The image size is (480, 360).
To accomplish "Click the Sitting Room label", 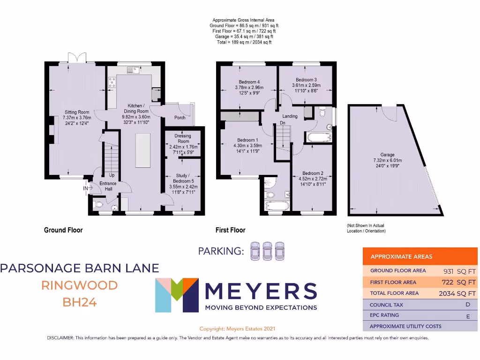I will (77, 112).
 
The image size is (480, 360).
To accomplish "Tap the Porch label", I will (180, 118).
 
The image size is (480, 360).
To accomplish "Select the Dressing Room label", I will (182, 138).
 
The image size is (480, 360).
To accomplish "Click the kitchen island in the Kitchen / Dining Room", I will (143, 150).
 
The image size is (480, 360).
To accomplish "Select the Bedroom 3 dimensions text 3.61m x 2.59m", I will (307, 86).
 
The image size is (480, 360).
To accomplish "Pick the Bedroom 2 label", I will (312, 173).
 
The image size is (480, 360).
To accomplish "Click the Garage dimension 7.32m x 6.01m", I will (387, 160).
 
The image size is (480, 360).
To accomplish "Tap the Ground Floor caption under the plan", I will (63, 230).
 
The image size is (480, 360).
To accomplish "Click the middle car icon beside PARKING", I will (268, 251).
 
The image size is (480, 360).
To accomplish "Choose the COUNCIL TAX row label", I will (386, 305).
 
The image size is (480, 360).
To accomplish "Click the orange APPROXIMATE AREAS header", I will (401, 257).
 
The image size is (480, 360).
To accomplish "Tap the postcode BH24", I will (79, 302).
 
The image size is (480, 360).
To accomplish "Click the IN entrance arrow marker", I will (87, 188).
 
